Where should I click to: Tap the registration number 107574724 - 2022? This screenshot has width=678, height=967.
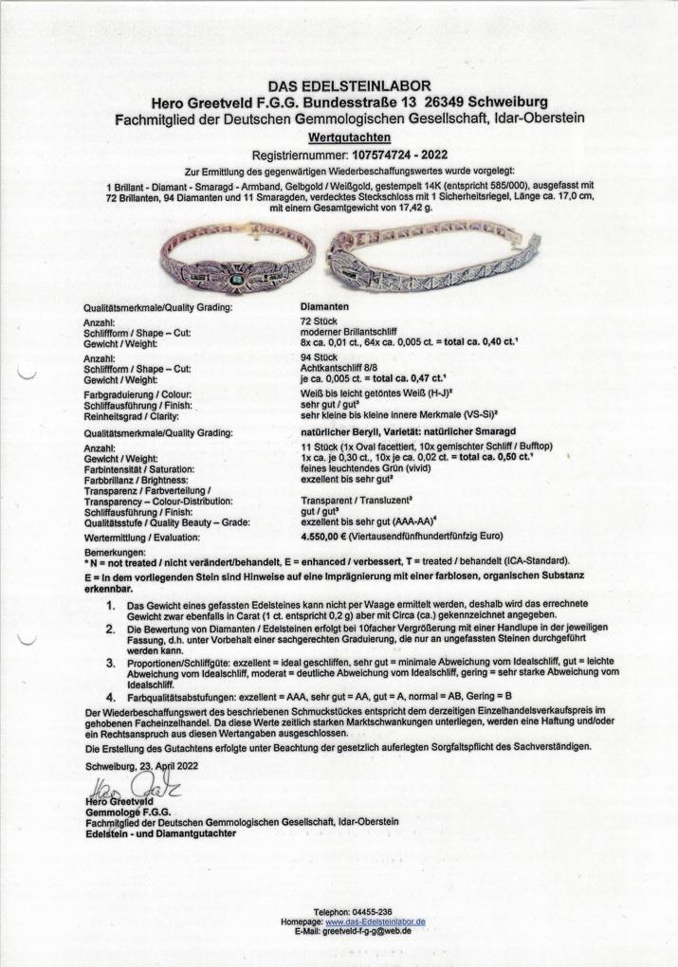388,154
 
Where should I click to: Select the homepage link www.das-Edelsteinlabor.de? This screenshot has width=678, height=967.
375,921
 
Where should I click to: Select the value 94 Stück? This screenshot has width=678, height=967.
318,357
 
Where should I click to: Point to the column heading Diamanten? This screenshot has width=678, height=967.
324,307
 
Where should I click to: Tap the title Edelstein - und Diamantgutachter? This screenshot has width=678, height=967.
160,832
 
